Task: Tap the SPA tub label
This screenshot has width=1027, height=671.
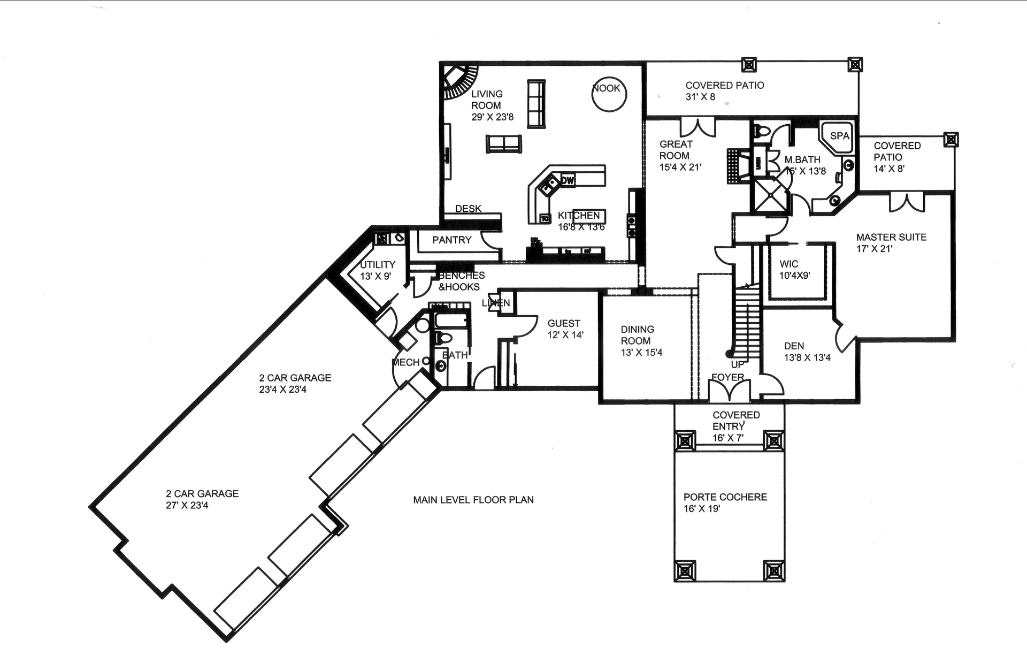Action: click(839, 136)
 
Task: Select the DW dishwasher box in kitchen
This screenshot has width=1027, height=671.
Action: click(568, 181)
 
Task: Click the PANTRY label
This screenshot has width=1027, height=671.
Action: click(452, 240)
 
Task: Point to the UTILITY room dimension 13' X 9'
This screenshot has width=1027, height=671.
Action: click(375, 277)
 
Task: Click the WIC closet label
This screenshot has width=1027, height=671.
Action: click(788, 264)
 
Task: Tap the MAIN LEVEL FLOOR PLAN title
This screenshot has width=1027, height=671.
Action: click(473, 500)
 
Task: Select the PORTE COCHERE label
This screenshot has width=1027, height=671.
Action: click(725, 497)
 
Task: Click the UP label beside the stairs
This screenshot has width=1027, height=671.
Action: click(737, 365)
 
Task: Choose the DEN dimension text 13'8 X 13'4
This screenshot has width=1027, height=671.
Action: click(807, 357)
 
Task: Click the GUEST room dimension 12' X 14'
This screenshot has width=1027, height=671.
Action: click(565, 335)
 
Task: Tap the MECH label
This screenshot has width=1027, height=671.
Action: click(406, 363)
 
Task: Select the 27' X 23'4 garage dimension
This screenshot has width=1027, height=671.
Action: click(187, 505)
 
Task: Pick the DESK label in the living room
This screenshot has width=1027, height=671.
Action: click(468, 209)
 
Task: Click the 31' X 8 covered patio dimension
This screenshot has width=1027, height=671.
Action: click(700, 97)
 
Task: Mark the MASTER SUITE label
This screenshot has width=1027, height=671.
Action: click(891, 237)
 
